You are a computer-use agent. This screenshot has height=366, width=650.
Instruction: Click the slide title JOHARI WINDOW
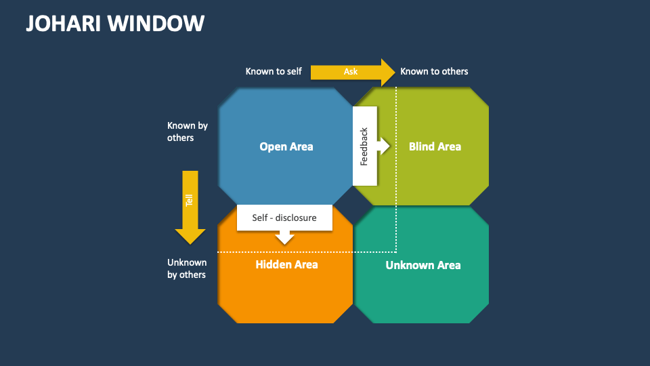pyautogui.click(x=115, y=23)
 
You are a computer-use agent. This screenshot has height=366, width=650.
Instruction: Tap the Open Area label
pyautogui.click(x=286, y=146)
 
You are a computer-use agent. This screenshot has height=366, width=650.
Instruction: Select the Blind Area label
pyautogui.click(x=435, y=146)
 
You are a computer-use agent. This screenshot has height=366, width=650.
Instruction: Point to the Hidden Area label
pyautogui.click(x=286, y=264)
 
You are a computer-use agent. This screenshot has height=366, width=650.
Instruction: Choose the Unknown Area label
pyautogui.click(x=423, y=265)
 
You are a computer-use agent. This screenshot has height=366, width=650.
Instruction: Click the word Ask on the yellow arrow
pyautogui.click(x=351, y=72)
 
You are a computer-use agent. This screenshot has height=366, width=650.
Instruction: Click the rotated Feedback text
pyautogui.click(x=364, y=146)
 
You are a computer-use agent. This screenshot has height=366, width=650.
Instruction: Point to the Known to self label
pyautogui.click(x=274, y=71)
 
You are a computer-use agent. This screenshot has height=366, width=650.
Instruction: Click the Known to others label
pyautogui.click(x=434, y=71)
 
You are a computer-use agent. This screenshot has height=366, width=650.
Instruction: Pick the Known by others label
pyautogui.click(x=187, y=131)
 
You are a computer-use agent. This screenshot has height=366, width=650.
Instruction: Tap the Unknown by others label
pyautogui.click(x=187, y=268)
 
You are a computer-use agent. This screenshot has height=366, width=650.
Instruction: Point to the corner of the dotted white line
pyautogui.click(x=396, y=251)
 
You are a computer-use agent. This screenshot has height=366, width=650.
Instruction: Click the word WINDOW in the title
pyautogui.click(x=160, y=23)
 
